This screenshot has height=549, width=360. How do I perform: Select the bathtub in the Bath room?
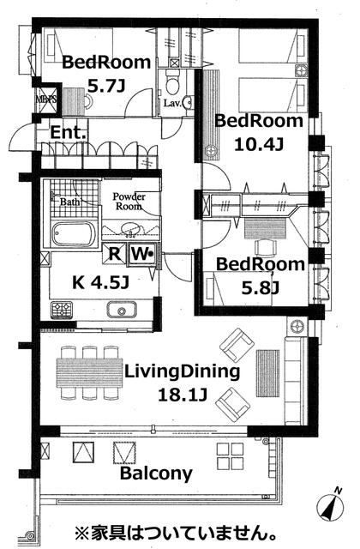pyautogui.click(x=74, y=234)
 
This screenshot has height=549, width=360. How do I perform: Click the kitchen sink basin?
pyautogui.click(x=122, y=310)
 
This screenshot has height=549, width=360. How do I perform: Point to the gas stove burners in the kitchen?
pyautogui.click(x=62, y=310)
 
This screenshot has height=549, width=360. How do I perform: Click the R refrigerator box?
pyautogui.click(x=114, y=254)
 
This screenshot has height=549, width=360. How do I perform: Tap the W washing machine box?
pyautogui.click(x=141, y=254)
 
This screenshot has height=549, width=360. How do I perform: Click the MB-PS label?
pyautogui.click(x=45, y=100)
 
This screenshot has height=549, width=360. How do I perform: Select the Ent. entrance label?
pyautogui.click(x=69, y=133)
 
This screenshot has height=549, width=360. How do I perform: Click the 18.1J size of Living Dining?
pyautogui.click(x=183, y=395)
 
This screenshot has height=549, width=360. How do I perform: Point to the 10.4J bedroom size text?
pyautogui.click(x=258, y=144)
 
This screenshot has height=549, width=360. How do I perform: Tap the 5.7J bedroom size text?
pyautogui.click(x=106, y=86)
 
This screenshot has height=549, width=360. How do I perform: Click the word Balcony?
pyautogui.click(x=156, y=474)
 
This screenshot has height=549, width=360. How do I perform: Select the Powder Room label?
pyautogui.click(x=129, y=202)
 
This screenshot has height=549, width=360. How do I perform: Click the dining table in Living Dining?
pyautogui.click(x=90, y=372)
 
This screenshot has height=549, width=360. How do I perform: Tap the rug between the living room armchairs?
pyautogui.click(x=267, y=373)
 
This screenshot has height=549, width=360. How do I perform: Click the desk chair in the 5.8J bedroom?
pyautogui.click(x=266, y=248)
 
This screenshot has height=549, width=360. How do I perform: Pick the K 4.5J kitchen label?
pyautogui.click(x=101, y=282)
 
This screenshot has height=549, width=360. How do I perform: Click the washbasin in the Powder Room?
pyautogui.click(x=130, y=230)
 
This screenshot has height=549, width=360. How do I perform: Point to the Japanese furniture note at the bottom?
pyautogui.click(x=175, y=534)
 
